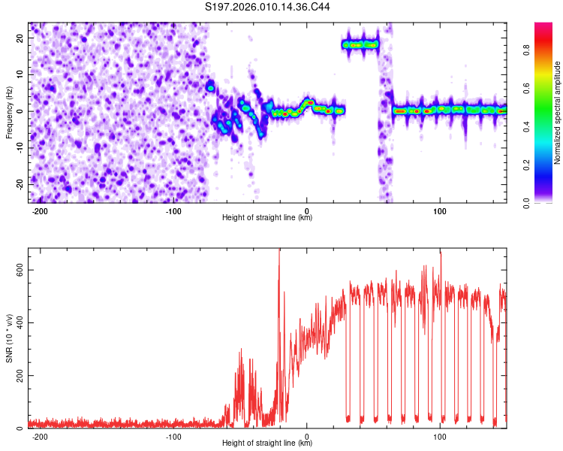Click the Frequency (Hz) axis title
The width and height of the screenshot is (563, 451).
[9, 112]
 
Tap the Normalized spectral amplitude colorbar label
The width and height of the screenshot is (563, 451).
[558, 113]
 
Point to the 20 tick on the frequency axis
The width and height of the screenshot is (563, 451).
[20, 38]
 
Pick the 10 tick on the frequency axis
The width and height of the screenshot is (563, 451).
[20, 74]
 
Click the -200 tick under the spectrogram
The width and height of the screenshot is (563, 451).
[41, 210]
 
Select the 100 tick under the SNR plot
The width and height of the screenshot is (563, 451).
[440, 436]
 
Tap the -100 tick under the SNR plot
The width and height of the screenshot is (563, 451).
[173, 436]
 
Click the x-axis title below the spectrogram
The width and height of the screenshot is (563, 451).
[267, 218]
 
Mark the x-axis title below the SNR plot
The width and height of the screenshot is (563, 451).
[267, 443]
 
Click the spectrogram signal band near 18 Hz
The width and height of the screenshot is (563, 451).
[360, 44]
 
